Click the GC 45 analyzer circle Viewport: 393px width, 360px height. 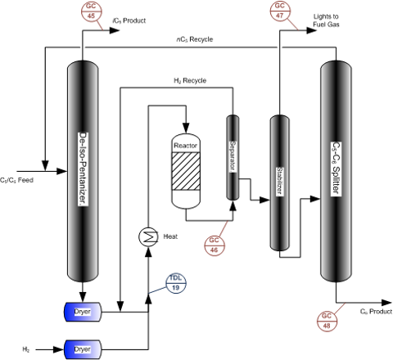(x=90, y=11)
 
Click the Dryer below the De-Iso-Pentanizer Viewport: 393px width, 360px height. (x=82, y=312)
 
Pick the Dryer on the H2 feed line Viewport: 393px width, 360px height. (x=82, y=349)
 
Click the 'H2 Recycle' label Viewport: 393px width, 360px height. (x=189, y=80)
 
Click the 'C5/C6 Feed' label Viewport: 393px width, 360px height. (x=16, y=178)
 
